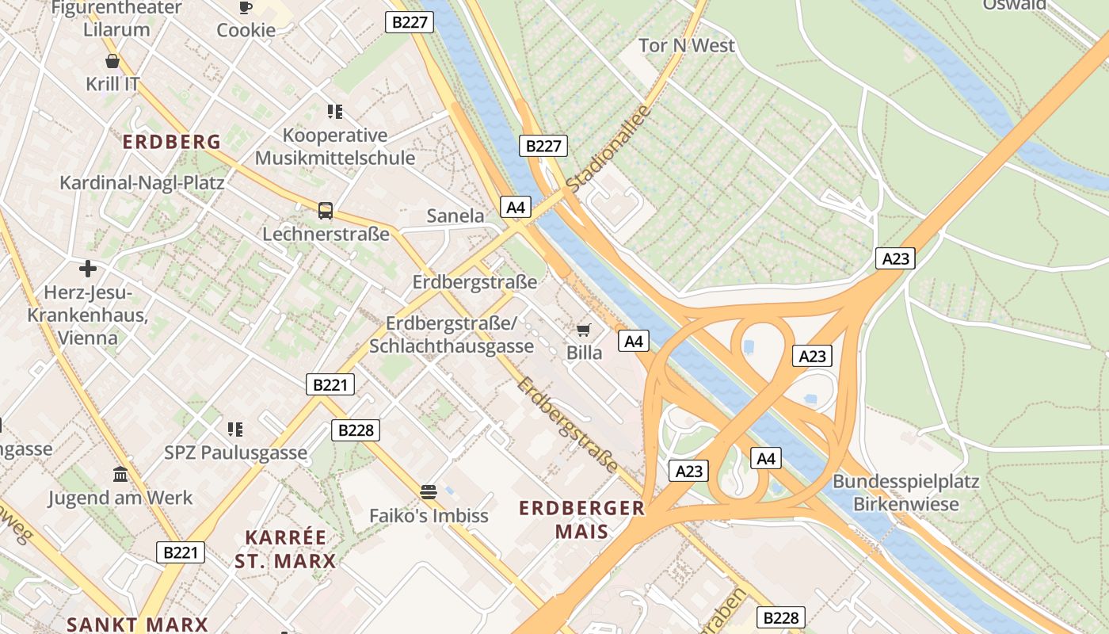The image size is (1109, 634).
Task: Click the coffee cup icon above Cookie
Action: (246, 7)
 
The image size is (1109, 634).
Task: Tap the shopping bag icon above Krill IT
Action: (112, 61)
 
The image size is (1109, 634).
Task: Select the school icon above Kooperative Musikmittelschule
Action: (335, 112)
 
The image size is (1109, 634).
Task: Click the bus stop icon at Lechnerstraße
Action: (326, 211)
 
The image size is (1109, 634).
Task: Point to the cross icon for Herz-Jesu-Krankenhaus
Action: (88, 269)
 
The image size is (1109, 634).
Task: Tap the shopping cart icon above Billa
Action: (584, 330)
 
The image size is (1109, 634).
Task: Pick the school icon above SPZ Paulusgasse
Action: (235, 430)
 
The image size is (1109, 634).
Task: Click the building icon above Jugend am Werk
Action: (120, 475)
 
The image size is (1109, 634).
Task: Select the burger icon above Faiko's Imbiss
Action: (429, 492)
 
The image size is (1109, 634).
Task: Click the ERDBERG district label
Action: (172, 142)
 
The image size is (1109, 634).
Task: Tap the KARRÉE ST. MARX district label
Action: (285, 549)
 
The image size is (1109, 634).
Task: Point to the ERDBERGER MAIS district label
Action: (581, 520)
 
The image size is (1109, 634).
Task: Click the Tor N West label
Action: (687, 46)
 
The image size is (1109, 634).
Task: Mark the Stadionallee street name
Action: (608, 148)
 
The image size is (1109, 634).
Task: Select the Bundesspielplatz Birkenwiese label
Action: (905, 492)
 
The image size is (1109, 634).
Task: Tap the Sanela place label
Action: (455, 216)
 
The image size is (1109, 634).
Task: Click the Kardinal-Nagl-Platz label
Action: (142, 182)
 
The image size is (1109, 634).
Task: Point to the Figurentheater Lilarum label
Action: (116, 19)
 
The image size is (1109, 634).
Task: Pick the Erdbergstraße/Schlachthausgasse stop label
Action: (452, 334)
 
